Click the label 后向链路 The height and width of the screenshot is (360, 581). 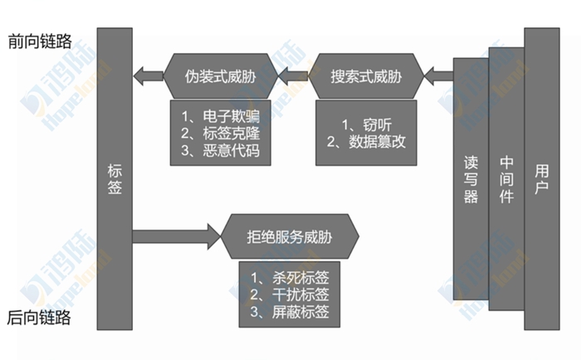39,319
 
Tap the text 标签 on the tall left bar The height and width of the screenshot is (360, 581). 115,178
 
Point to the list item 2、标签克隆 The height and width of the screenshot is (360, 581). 219,133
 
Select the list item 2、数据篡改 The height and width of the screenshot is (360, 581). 365,142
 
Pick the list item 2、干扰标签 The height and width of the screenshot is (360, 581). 290,295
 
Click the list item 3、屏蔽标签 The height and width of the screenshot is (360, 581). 290,313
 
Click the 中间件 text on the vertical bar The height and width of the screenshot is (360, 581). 505,178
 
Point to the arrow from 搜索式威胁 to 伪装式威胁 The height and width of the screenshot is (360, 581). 291,78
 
